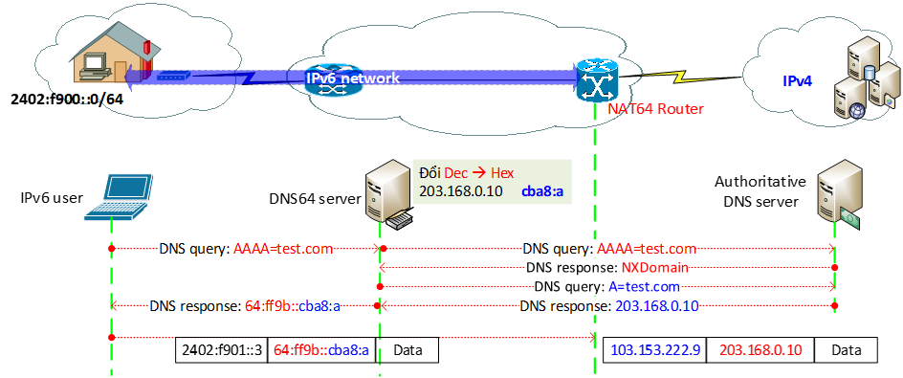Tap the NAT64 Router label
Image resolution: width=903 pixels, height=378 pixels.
coord(655,109)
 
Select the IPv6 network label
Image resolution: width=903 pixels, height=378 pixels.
coord(352,78)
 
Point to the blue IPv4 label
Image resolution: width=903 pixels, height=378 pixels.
coord(798,82)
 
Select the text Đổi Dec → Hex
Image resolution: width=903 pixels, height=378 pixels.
coord(467,172)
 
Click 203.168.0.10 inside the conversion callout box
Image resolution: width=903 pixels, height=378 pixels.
coord(461,191)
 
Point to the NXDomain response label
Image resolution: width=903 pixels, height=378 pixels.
coord(607,268)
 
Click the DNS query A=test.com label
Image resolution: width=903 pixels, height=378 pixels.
coord(607,287)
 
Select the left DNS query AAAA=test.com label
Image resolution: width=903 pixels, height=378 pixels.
coord(246,249)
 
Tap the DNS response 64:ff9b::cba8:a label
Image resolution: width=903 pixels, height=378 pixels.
coord(246,307)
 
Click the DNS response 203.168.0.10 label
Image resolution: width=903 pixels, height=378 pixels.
coord(607,306)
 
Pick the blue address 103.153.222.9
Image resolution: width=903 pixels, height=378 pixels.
coord(656,351)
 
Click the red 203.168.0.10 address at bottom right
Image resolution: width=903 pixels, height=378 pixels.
coord(760,351)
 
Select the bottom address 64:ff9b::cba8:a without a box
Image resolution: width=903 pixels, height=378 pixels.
coord(321,351)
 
